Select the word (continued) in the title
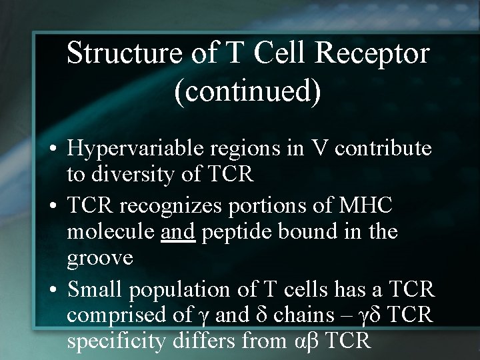coord(247,92)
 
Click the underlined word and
coord(177,231)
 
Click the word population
coord(193,291)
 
